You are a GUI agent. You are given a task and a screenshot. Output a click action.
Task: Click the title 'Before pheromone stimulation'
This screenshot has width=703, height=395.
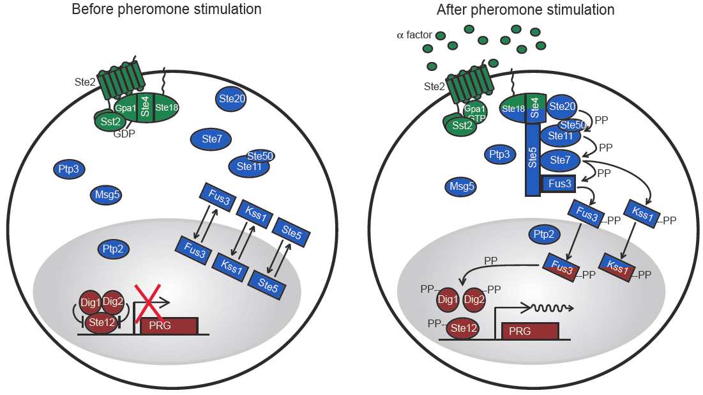click(167, 10)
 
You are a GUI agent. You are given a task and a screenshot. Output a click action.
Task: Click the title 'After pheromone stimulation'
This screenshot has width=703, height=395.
click(525, 10)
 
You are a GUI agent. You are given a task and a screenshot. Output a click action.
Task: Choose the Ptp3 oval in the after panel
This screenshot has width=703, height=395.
click(499, 154)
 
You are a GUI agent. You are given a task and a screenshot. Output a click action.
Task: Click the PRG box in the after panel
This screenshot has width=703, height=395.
click(531, 330)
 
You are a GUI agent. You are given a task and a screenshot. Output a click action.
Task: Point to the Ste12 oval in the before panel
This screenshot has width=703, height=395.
click(102, 321)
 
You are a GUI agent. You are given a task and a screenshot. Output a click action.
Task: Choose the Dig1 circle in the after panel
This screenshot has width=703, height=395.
click(449, 298)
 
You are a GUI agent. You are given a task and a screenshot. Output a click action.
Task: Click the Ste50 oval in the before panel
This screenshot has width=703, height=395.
click(261, 156)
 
